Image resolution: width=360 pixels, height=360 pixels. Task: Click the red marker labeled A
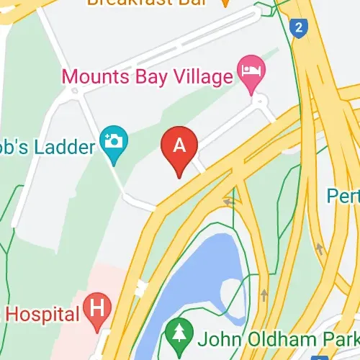[x=179, y=147]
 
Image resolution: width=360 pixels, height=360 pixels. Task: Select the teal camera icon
[x=113, y=139]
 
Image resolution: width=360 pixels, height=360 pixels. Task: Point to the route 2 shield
[x=297, y=29]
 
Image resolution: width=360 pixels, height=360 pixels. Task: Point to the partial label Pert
[x=343, y=195]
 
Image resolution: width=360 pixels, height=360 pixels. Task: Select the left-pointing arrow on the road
[x=229, y=202]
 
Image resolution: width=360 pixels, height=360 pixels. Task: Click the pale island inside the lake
[x=234, y=292]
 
